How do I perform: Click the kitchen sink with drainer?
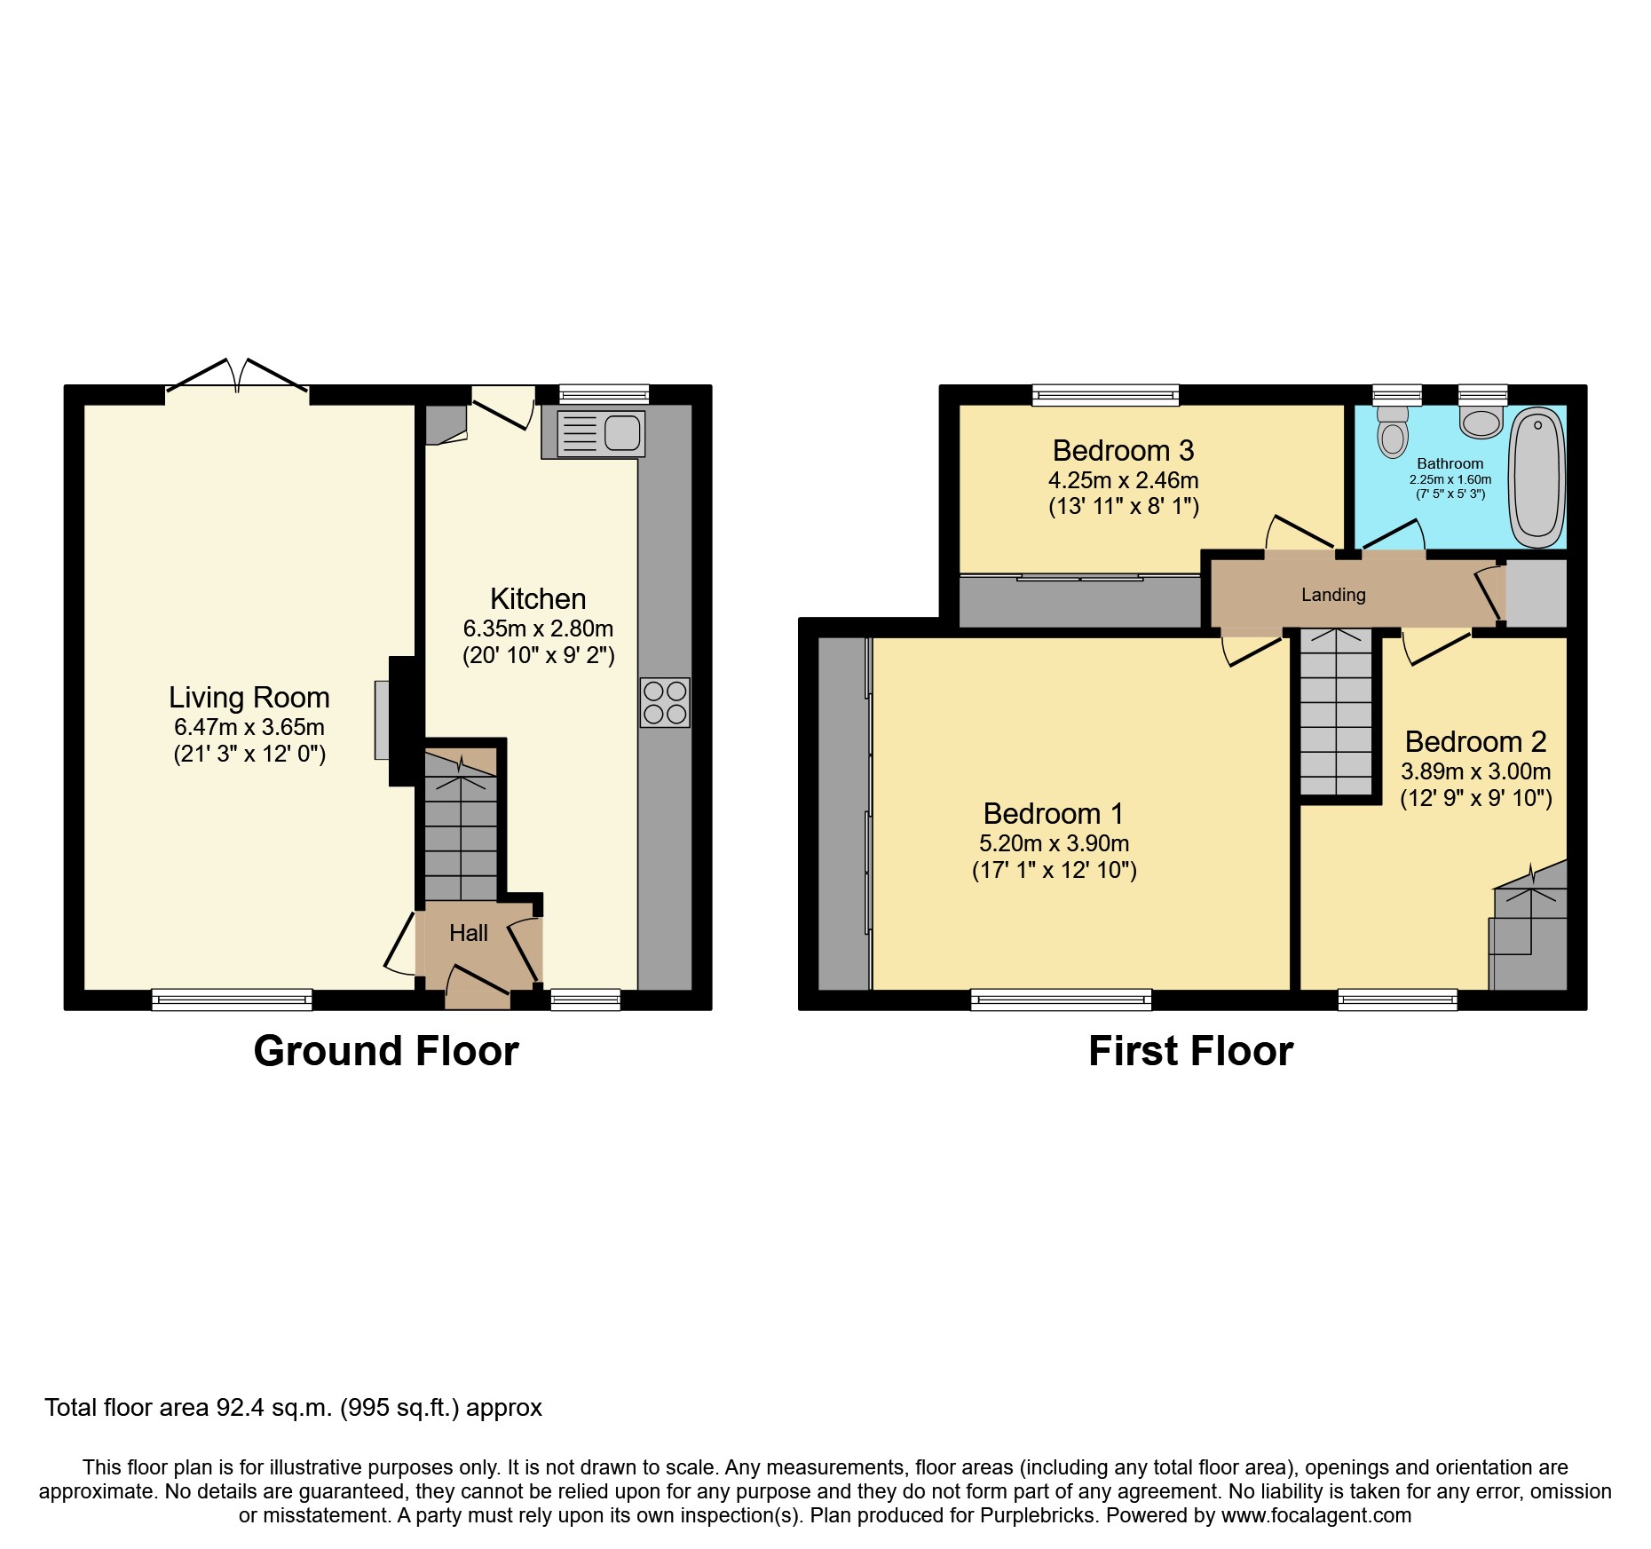point(600,434)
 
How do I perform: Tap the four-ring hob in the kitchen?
point(665,702)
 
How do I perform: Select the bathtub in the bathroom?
point(1537,478)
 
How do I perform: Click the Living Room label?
point(249,698)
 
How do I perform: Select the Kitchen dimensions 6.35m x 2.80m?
point(538,628)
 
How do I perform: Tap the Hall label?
point(469,933)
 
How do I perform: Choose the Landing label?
point(1333,595)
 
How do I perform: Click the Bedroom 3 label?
point(1123,451)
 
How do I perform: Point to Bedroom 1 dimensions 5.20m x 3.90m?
point(1054,843)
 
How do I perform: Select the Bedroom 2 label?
point(1475,742)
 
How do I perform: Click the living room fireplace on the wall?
point(383,719)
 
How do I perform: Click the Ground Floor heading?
point(386,1051)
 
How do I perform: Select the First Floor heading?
point(1190,1051)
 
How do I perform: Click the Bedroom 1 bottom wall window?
point(1061,1000)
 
